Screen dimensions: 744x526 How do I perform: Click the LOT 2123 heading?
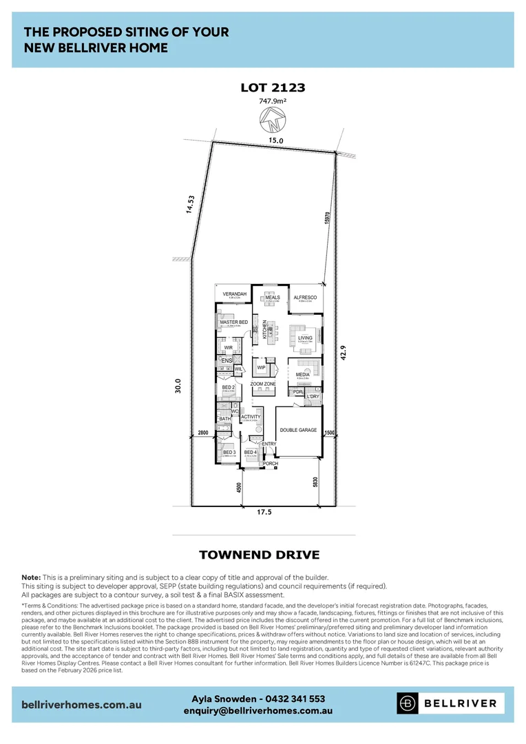273,87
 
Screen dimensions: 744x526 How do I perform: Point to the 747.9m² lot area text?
273,101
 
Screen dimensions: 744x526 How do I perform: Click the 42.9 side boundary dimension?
342,351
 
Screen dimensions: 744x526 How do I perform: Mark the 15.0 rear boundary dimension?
276,140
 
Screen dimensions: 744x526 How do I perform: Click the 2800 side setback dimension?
202,432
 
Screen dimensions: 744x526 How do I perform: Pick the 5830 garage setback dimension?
316,483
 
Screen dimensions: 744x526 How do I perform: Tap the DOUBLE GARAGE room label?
298,430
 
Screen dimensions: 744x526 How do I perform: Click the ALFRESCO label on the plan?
304,297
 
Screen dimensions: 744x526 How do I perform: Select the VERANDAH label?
234,294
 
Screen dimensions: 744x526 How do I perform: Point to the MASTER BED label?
233,322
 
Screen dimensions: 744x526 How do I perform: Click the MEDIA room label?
303,374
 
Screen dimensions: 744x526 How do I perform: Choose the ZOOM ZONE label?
263,383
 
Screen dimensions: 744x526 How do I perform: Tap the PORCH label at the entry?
271,464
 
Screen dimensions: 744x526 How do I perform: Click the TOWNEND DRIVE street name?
259,555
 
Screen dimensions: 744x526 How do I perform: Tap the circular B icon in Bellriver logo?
409,703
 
